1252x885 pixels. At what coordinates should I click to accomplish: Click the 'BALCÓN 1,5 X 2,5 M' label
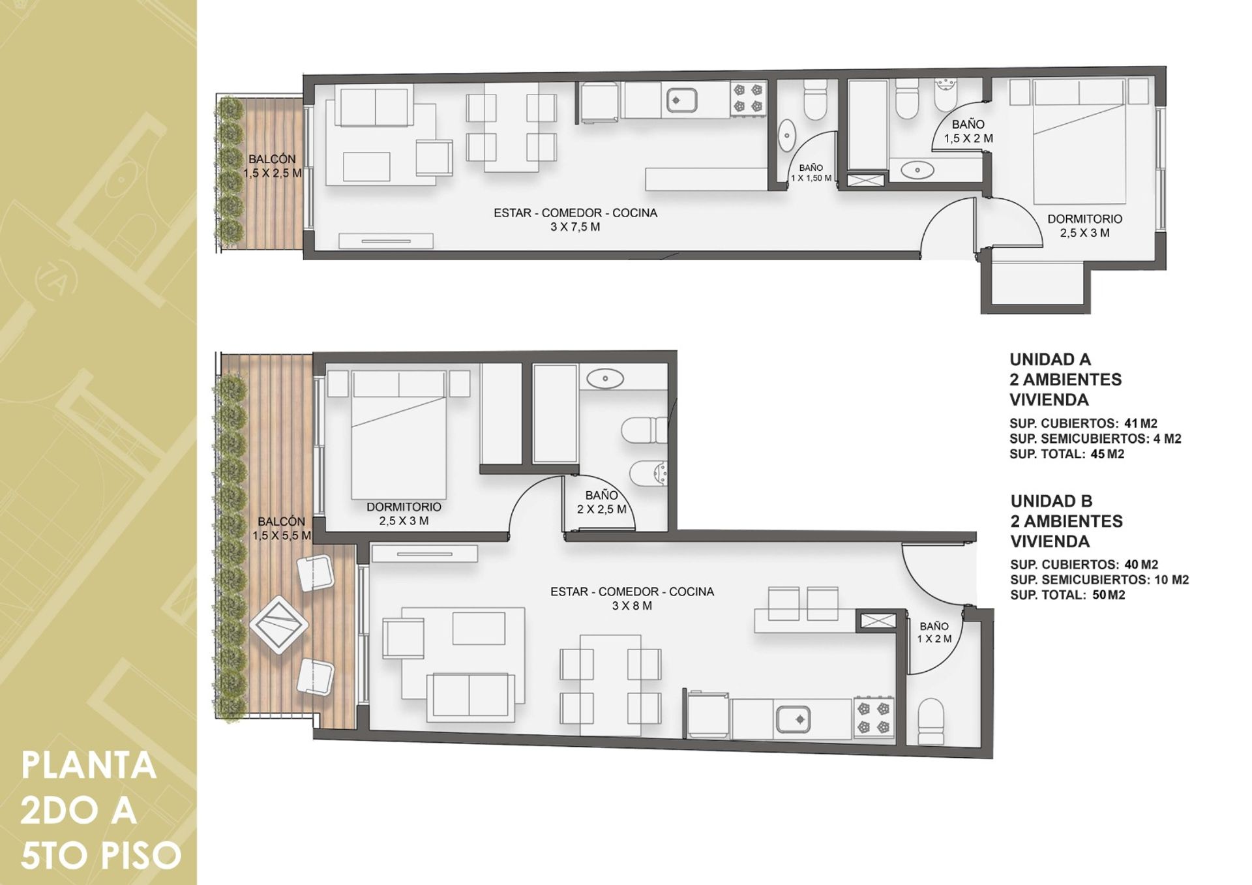pos(273,166)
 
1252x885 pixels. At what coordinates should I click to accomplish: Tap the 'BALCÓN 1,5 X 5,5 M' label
pos(282,528)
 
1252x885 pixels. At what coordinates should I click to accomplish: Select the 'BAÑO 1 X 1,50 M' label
pos(811,173)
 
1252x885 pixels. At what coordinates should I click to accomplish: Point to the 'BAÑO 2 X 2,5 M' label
pos(601,502)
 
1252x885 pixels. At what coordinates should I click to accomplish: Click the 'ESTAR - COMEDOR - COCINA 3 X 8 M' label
pos(632,599)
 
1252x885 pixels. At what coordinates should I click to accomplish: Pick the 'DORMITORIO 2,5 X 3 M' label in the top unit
pos(1084,226)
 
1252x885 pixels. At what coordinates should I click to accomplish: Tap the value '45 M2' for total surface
pos(1107,454)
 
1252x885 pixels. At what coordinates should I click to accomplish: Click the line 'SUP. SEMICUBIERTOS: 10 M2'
pos(1099,580)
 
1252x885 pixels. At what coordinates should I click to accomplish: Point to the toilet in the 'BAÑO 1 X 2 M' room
pos(931,723)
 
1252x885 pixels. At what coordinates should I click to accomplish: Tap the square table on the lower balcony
pos(278,625)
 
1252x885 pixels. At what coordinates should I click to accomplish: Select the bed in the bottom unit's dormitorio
pos(399,435)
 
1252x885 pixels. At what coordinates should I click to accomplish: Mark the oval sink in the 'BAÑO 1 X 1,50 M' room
pos(787,136)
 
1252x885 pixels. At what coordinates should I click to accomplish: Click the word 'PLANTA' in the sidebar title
pos(89,766)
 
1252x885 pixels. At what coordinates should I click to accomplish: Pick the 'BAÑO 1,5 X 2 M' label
pos(968,131)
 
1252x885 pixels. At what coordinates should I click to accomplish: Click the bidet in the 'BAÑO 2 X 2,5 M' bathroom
pos(649,473)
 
